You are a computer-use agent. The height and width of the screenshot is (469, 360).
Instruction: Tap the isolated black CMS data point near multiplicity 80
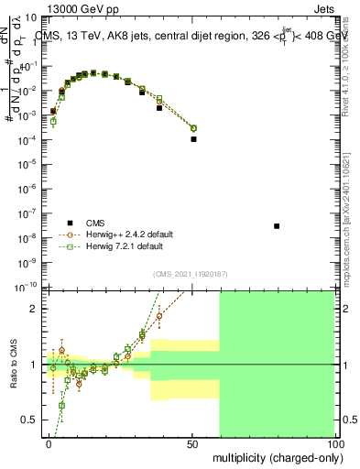tap(277, 225)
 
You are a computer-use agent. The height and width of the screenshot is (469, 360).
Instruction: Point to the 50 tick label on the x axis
tap(192, 443)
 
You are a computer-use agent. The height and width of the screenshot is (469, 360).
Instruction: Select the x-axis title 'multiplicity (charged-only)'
tap(276, 456)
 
